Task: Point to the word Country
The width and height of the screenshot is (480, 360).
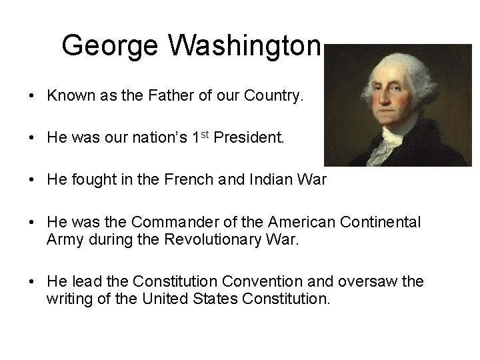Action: click(x=273, y=96)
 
